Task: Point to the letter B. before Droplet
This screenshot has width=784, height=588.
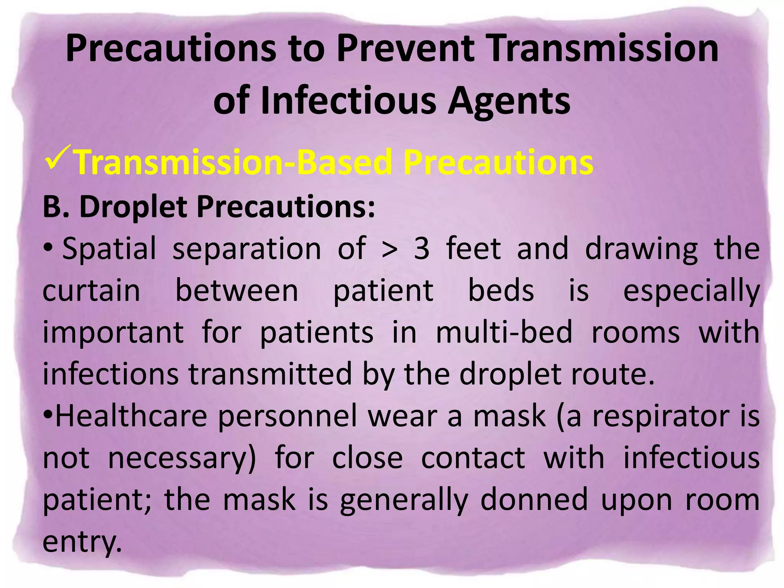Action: click(56, 206)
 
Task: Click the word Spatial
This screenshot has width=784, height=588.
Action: click(109, 248)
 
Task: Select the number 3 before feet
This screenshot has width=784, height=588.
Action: click(422, 249)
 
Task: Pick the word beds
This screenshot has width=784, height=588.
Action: click(501, 291)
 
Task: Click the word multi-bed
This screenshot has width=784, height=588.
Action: click(504, 332)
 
